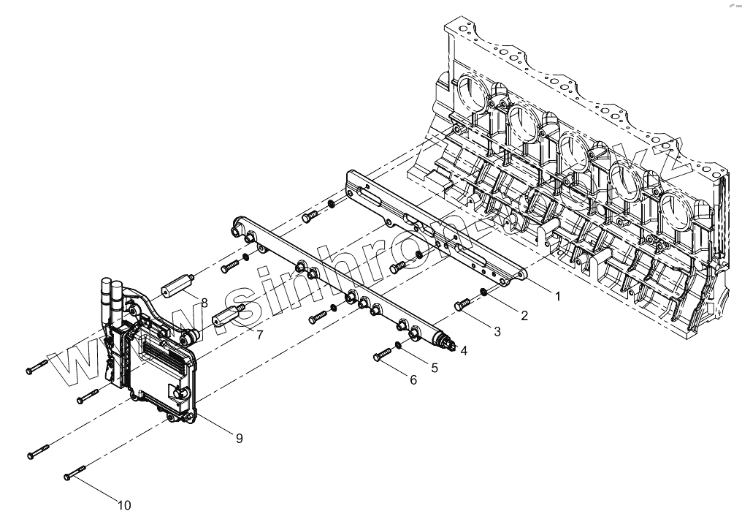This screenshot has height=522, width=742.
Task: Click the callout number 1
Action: coord(557,296)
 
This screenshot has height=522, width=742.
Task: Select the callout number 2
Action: coord(523,315)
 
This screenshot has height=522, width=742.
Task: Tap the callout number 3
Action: coord(497,331)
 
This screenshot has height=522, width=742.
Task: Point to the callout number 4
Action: coord(463,350)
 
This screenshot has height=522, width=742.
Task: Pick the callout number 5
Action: coord(434,368)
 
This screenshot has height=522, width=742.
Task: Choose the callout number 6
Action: coord(413,380)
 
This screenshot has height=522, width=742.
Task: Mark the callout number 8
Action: coord(204,302)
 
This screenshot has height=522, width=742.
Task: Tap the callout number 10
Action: coord(124,504)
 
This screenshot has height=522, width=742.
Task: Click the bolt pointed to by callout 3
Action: coord(462,305)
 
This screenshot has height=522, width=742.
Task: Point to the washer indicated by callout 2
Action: coord(483,294)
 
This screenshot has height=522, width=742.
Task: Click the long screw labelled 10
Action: coord(76,471)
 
